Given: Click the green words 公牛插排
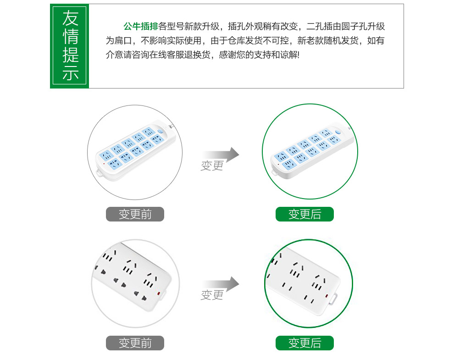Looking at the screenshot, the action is [141, 26].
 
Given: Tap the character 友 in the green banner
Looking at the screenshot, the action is [70, 18].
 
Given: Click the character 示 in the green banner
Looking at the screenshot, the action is [70, 72].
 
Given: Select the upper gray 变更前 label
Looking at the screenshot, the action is [135, 214].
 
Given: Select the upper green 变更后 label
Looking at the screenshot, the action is [305, 214].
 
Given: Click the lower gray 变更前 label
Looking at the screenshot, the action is [135, 343].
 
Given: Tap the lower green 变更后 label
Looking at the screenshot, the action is [305, 343].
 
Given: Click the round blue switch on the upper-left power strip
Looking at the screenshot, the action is [161, 132].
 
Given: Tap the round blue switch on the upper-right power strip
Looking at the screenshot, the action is [338, 132].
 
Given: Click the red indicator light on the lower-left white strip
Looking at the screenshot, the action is [158, 294].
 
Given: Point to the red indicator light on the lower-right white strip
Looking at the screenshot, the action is [327, 296].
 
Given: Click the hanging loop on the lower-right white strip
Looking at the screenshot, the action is [334, 299].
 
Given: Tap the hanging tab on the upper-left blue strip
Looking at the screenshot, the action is [100, 173].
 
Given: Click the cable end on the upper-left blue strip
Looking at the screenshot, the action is [172, 126].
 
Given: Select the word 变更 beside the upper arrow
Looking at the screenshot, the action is [212, 166].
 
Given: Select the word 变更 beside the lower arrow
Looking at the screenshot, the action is [212, 295].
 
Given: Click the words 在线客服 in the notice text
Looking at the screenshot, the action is [158, 55].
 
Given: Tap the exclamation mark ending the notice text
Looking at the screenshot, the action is [298, 55].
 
